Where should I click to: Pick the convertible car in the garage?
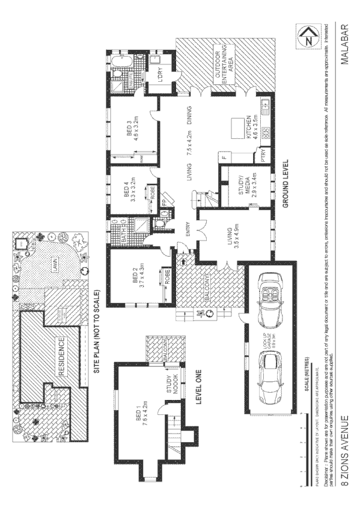pyautogui.click(x=268, y=292)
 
